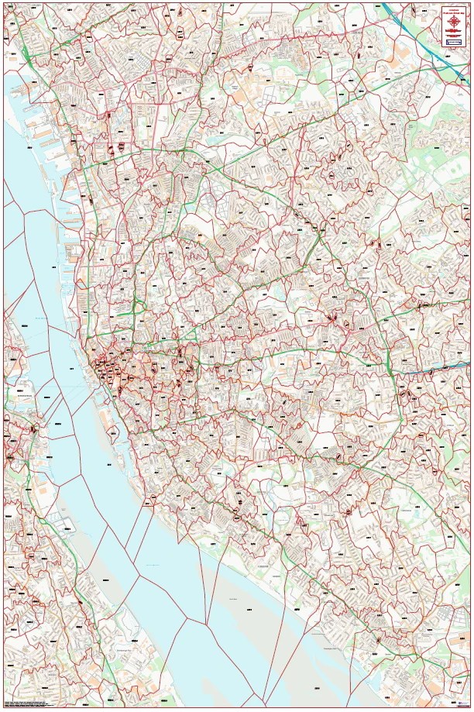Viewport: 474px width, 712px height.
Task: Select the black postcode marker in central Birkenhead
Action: pyautogui.click(x=33, y=428)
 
